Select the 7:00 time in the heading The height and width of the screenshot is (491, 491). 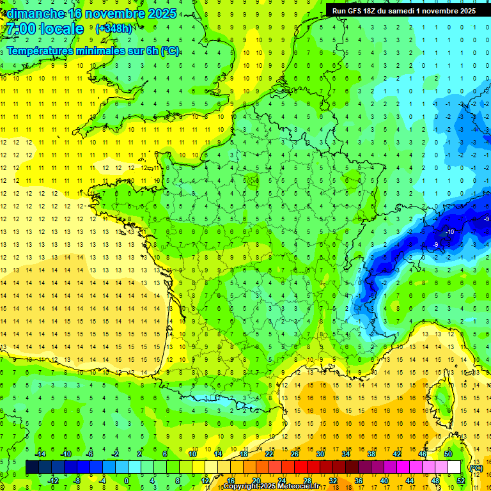[22, 29]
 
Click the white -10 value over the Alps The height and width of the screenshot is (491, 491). [450, 231]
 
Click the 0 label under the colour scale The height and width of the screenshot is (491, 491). [127, 481]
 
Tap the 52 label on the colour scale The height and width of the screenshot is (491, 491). [460, 481]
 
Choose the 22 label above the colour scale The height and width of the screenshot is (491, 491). [269, 453]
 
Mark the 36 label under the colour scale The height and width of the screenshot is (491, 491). [358, 481]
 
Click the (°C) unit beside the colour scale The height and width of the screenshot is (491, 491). [476, 467]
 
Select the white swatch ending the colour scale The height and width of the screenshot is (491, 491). [454, 467]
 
